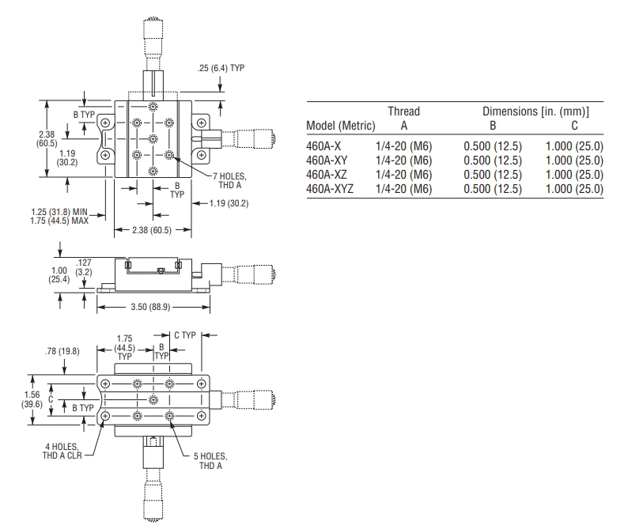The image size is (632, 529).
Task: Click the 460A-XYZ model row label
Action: coord(330,189)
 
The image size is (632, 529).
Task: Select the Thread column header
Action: coord(404,111)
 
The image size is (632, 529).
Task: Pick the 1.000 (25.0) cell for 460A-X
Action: coord(574,146)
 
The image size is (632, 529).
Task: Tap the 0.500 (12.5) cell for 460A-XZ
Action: coord(493,175)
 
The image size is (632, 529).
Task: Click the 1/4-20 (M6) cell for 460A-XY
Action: coord(404,161)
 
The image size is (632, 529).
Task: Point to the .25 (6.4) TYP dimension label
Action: coord(221,68)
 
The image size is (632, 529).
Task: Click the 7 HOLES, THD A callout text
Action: coord(229,181)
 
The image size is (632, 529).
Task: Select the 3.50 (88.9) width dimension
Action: coord(150,307)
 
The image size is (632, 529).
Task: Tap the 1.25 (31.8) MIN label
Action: coord(59,212)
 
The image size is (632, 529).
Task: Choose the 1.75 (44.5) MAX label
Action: coord(59,221)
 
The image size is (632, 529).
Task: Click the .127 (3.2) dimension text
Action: coord(84,267)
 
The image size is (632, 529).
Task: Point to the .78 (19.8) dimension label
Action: coord(62,351)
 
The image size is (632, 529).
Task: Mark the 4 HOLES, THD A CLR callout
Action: coord(62,452)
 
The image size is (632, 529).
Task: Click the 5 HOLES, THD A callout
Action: coord(210,461)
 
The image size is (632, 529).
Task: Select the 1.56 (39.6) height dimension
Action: coord(32,399)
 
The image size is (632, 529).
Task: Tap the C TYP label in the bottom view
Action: coord(185,335)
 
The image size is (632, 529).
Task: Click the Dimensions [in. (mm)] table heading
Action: coord(535,111)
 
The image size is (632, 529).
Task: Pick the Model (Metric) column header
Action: coord(341,126)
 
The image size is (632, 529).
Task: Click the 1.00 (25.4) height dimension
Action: coord(59,274)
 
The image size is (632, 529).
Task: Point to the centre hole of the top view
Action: coord(153,138)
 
